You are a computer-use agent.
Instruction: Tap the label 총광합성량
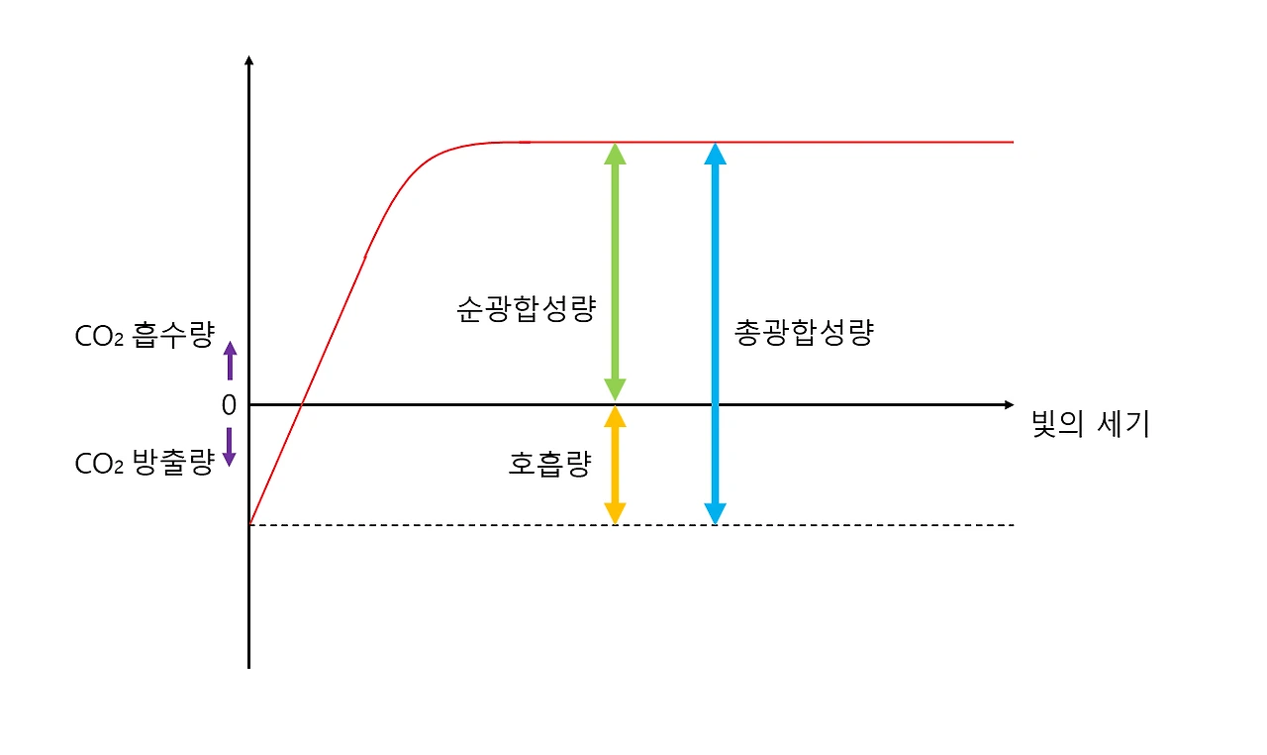(x=804, y=333)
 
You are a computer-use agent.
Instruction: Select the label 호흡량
(x=549, y=464)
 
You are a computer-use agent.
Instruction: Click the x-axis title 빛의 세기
(x=1090, y=425)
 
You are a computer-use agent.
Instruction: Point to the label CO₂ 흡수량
(x=144, y=337)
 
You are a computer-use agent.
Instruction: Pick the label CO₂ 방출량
(x=144, y=464)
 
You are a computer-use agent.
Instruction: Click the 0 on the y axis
(x=229, y=404)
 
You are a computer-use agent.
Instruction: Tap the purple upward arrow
(x=230, y=361)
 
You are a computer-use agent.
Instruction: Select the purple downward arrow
(x=230, y=448)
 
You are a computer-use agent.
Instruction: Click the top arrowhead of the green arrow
(x=615, y=153)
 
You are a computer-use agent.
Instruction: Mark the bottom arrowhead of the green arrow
(x=615, y=390)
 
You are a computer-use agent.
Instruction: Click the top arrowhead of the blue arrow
(x=715, y=153)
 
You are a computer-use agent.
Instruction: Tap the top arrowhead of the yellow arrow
(x=615, y=416)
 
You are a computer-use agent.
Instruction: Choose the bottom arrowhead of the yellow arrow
(x=615, y=513)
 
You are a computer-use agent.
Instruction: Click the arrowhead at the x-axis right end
(x=1009, y=404)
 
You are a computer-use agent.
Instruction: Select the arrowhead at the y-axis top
(x=248, y=60)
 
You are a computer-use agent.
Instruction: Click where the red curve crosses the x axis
(x=302, y=404)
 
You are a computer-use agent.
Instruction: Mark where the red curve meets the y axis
(x=249, y=523)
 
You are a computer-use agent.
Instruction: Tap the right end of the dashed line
(x=1013, y=524)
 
